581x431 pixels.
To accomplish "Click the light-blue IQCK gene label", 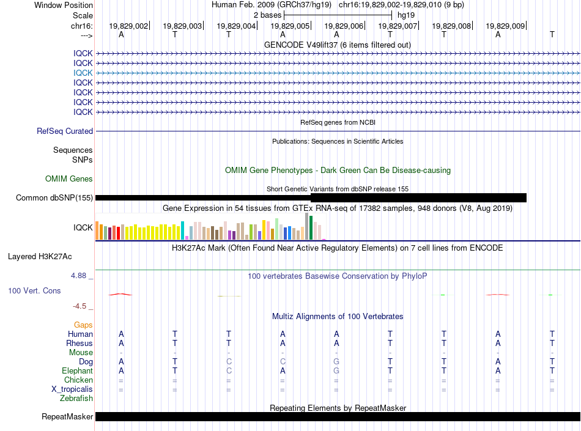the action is point(83,73).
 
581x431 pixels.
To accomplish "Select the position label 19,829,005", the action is point(290,26).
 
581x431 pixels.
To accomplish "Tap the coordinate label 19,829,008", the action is point(451,26).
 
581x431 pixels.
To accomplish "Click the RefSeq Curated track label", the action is point(65,131).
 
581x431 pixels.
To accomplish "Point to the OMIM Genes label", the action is point(69,179).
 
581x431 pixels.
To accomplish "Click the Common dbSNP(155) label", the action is point(54,197).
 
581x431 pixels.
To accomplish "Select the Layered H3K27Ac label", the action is point(40,257).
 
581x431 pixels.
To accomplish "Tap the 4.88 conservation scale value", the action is point(78,276).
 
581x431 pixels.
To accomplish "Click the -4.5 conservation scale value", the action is point(80,306).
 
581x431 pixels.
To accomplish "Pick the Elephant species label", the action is point(78,370).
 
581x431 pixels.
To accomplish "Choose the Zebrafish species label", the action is point(76,399).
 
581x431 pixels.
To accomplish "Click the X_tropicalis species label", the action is point(72,389).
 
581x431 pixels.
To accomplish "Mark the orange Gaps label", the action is point(83,325).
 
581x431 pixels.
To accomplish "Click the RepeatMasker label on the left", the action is point(67,417).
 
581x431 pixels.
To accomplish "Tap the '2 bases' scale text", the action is point(267,15).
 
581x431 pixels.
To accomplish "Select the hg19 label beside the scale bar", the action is point(406,15).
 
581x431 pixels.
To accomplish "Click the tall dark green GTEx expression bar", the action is point(311,227).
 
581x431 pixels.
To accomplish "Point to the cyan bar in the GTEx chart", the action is point(182,230).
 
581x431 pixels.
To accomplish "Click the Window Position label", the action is point(64,5).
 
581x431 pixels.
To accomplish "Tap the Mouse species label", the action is point(81,353).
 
